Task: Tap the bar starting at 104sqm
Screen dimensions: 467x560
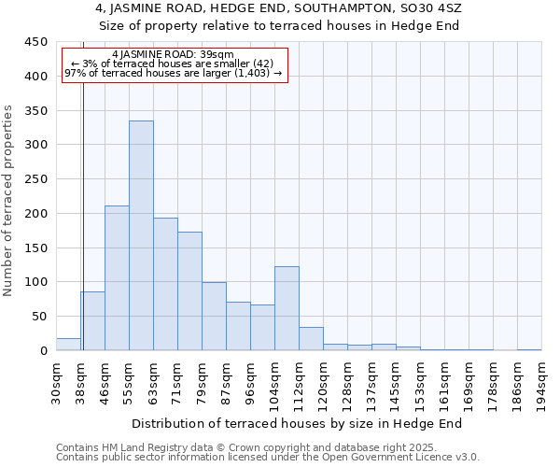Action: pyautogui.click(x=287, y=308)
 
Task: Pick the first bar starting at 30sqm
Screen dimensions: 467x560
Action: pyautogui.click(x=68, y=344)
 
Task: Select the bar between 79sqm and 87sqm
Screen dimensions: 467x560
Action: pyautogui.click(x=214, y=316)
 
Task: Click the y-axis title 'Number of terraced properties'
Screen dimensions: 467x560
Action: pyautogui.click(x=8, y=201)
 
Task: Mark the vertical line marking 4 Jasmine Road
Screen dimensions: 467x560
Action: pyautogui.click(x=83, y=215)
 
